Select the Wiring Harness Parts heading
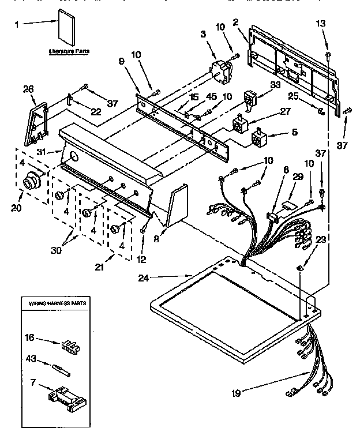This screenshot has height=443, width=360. (x=53, y=302)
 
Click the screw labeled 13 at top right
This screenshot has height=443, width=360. (x=328, y=55)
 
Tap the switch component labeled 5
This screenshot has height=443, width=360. (x=260, y=138)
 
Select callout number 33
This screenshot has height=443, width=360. (x=275, y=84)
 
